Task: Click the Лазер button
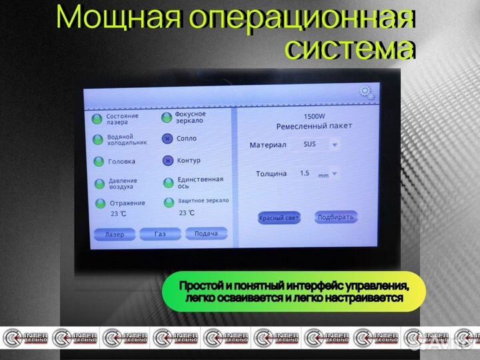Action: click(x=115, y=235)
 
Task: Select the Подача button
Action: click(x=206, y=233)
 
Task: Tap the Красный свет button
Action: click(x=279, y=218)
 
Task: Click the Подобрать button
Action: click(x=336, y=217)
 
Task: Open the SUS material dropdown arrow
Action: click(x=335, y=144)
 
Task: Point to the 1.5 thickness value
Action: click(x=305, y=173)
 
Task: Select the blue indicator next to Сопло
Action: click(x=167, y=139)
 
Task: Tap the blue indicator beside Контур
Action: click(x=167, y=161)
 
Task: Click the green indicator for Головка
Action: click(x=98, y=161)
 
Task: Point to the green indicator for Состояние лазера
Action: click(x=97, y=118)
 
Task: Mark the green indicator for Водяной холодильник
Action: click(x=97, y=139)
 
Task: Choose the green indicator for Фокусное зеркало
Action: click(x=167, y=118)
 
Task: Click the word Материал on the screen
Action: click(x=267, y=145)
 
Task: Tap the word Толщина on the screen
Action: click(x=271, y=174)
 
